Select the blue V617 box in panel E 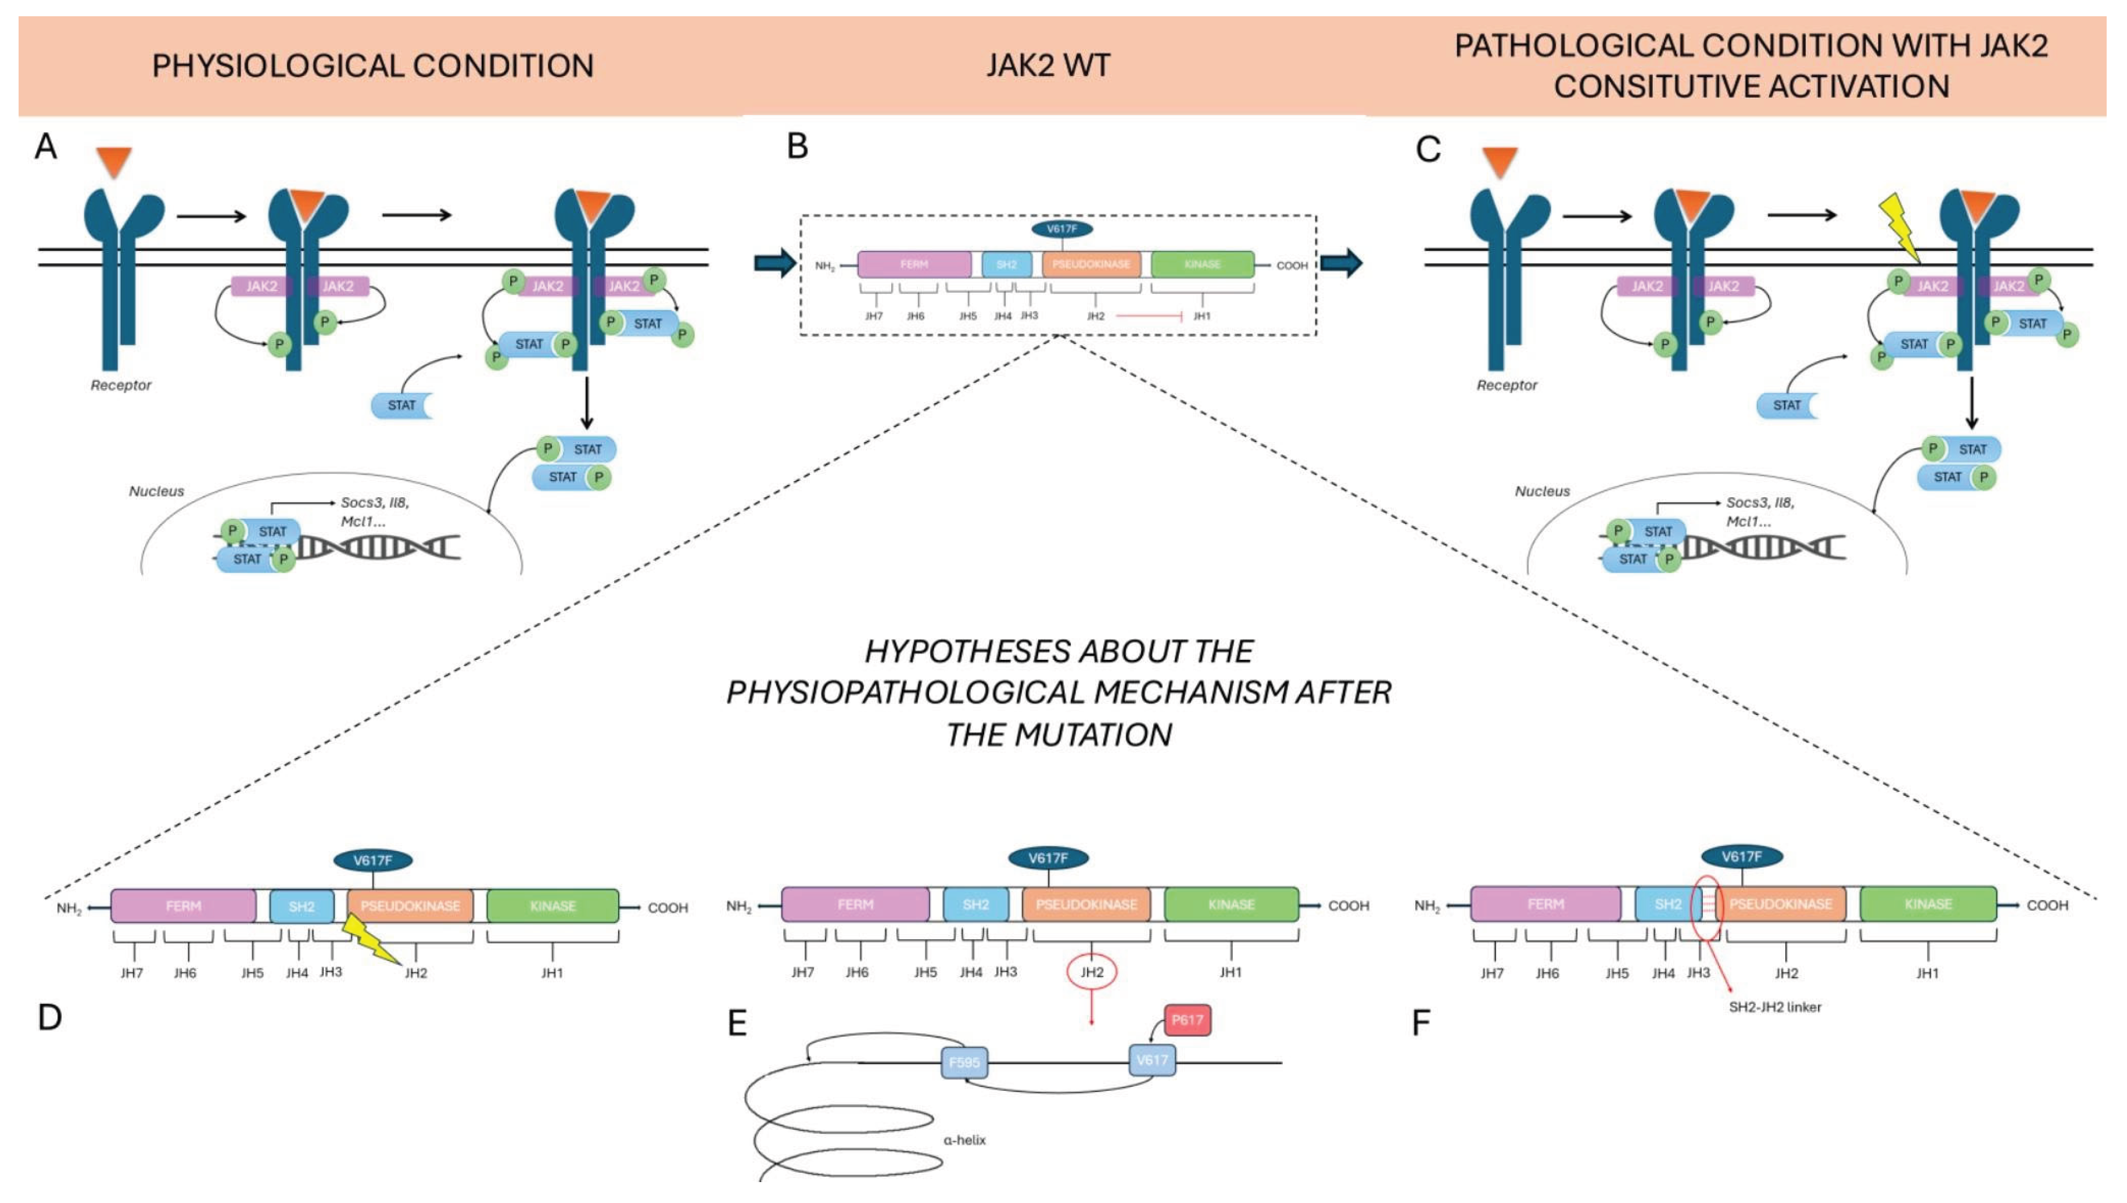pyautogui.click(x=1152, y=1060)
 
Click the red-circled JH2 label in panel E pyautogui.click(x=1092, y=972)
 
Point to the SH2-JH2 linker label pyautogui.click(x=1774, y=1007)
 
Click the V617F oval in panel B pyautogui.click(x=1062, y=229)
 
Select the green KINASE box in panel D pyautogui.click(x=552, y=906)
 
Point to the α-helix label pyautogui.click(x=964, y=1140)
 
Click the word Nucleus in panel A pyautogui.click(x=156, y=491)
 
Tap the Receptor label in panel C pyautogui.click(x=1507, y=385)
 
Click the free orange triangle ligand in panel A pyautogui.click(x=114, y=160)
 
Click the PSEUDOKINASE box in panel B pyautogui.click(x=1091, y=264)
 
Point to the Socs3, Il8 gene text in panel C pyautogui.click(x=1759, y=502)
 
